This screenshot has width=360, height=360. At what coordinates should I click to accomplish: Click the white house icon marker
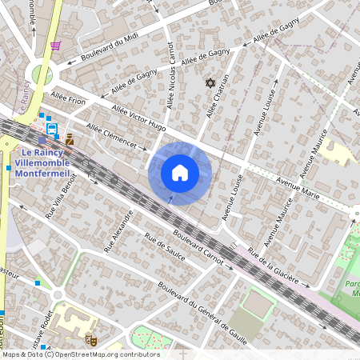(180, 173)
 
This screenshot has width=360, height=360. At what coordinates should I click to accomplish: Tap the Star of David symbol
(211, 83)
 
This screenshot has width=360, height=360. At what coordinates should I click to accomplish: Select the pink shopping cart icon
(55, 46)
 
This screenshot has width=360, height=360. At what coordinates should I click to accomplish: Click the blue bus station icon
(52, 128)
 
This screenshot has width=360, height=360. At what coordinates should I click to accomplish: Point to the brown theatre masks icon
(90, 339)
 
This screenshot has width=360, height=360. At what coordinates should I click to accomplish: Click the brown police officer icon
(70, 139)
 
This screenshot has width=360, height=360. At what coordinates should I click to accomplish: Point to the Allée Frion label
(67, 101)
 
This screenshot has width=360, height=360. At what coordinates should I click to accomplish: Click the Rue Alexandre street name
(117, 231)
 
